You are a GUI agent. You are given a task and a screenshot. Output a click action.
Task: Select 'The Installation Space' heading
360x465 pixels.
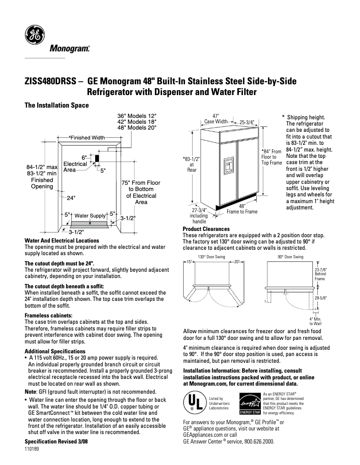[57, 105]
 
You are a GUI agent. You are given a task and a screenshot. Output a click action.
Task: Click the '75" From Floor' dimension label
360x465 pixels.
[141, 183]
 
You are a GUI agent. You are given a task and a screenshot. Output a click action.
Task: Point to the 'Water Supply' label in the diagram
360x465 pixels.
[90, 216]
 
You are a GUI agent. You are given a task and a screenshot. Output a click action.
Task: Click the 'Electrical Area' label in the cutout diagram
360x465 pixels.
[75, 167]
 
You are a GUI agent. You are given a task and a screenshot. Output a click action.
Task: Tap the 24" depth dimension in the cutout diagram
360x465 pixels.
[71, 198]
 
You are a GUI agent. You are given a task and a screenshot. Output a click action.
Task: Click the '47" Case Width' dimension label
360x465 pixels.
[215, 119]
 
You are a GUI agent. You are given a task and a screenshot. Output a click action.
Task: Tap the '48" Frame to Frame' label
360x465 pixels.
[242, 209]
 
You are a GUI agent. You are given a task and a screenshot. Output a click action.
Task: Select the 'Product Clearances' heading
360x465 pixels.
[206, 229]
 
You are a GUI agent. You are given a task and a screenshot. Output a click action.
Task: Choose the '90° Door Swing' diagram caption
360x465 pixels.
[290, 257]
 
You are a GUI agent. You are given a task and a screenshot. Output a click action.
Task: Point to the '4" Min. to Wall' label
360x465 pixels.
[316, 321]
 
